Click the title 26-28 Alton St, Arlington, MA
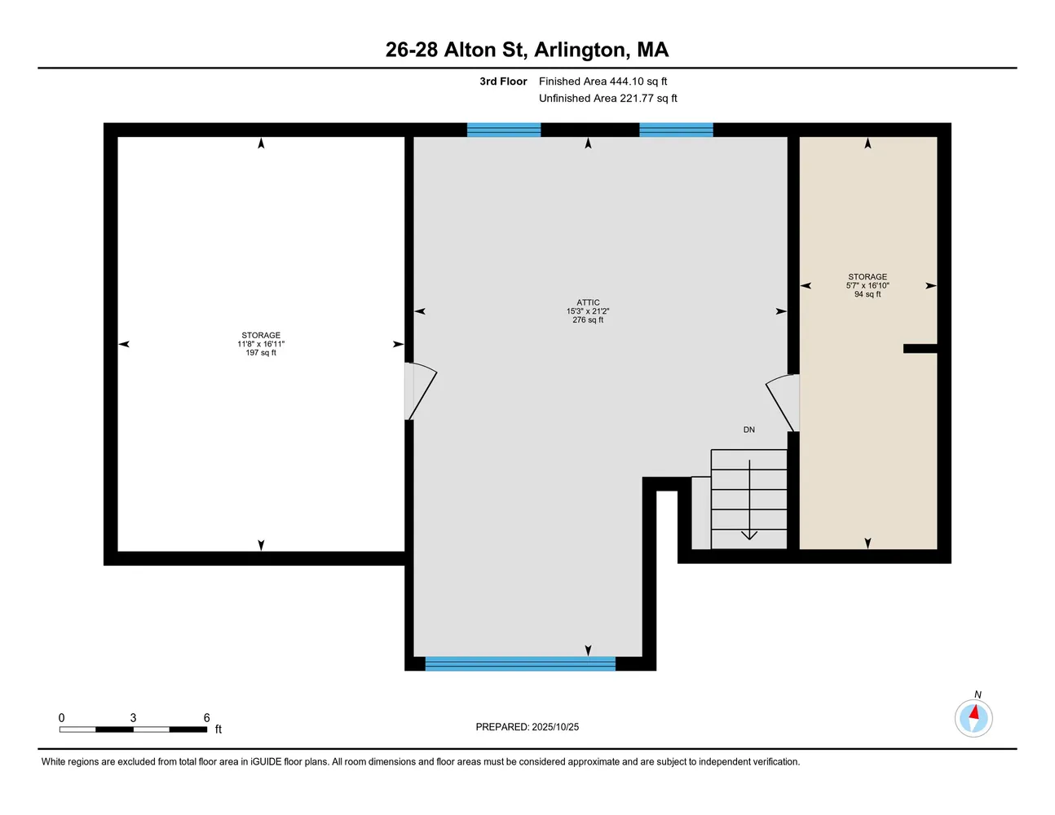click(x=527, y=50)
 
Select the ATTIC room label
click(x=588, y=302)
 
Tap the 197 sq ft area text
click(x=261, y=353)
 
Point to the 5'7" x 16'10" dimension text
click(x=867, y=285)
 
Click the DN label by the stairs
click(x=748, y=430)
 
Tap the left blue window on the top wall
click(x=504, y=130)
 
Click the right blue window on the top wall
click(x=676, y=130)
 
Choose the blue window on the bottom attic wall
click(x=520, y=663)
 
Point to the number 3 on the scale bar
click(x=133, y=718)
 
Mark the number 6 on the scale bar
click(x=206, y=718)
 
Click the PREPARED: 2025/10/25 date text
click(x=527, y=727)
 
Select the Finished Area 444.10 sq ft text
click(x=603, y=81)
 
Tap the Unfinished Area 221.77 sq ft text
click(x=607, y=99)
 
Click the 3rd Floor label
click(x=503, y=81)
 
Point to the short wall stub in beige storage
click(x=920, y=349)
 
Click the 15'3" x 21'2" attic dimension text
click(x=588, y=311)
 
